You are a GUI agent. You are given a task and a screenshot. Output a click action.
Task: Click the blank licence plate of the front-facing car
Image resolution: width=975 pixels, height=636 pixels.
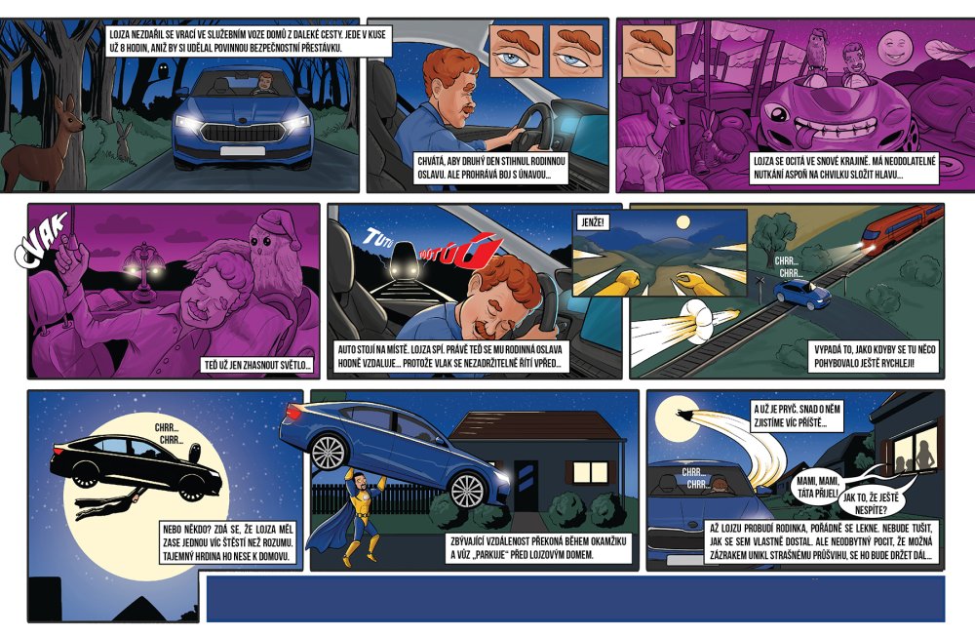pyautogui.click(x=243, y=151)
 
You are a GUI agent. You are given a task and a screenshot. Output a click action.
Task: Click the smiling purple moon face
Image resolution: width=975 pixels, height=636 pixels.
pyautogui.click(x=894, y=51)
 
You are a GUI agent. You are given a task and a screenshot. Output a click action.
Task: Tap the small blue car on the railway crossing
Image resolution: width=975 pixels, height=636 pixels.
pyautogui.click(x=802, y=294)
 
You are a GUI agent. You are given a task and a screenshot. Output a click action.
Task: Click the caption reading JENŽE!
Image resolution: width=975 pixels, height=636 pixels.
pyautogui.click(x=593, y=222)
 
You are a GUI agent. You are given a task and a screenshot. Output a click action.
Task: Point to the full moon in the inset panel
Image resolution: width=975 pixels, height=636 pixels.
pyautogui.click(x=683, y=221)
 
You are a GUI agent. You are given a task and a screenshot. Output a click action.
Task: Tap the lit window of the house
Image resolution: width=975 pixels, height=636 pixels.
pyautogui.click(x=590, y=472)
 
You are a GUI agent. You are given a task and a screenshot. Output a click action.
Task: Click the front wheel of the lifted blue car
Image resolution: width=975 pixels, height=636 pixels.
pyautogui.click(x=468, y=490)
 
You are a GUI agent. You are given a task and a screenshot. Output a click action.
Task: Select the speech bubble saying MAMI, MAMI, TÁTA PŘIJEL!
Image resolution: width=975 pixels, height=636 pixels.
pyautogui.click(x=818, y=488)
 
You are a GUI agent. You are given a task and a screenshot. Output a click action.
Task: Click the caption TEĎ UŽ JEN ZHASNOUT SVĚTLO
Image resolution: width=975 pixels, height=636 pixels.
pyautogui.click(x=258, y=365)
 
